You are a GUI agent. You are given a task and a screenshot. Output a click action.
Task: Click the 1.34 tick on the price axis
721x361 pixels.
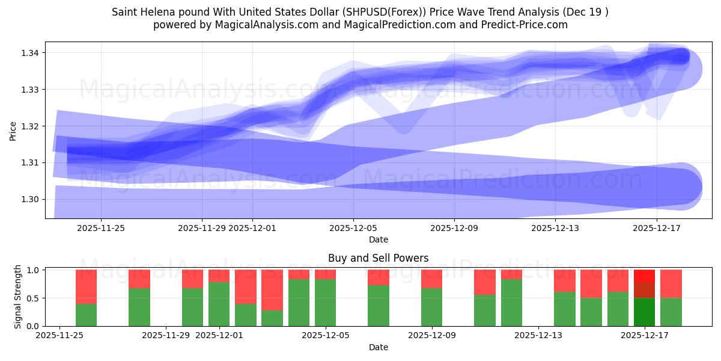(31, 53)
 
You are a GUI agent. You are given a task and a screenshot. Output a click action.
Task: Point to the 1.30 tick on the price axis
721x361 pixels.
(31, 199)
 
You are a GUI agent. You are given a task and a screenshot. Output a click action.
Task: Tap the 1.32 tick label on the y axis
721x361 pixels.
(31, 126)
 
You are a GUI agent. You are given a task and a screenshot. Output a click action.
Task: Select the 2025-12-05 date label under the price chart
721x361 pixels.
(353, 228)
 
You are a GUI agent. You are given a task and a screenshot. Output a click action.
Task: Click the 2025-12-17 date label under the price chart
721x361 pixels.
(656, 228)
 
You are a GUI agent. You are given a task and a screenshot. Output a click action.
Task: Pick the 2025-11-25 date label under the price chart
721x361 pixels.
(101, 228)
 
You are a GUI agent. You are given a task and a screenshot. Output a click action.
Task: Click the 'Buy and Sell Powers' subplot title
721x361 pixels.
(379, 258)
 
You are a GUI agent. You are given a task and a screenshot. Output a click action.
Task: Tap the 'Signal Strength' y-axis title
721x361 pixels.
(18, 297)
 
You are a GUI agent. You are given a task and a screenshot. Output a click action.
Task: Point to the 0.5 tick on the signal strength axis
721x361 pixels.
(34, 298)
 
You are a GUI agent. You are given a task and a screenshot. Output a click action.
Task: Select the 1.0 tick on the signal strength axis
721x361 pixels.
(34, 270)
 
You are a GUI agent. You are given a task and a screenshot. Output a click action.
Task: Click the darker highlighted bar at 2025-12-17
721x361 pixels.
(644, 298)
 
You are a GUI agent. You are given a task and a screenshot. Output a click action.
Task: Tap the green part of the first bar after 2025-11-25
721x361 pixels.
(86, 315)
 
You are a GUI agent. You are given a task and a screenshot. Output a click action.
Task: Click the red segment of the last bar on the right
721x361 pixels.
(671, 283)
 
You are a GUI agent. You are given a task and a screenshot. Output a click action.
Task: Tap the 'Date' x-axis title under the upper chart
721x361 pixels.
(379, 239)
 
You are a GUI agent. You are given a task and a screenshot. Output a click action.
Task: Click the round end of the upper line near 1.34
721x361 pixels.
(681, 57)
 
